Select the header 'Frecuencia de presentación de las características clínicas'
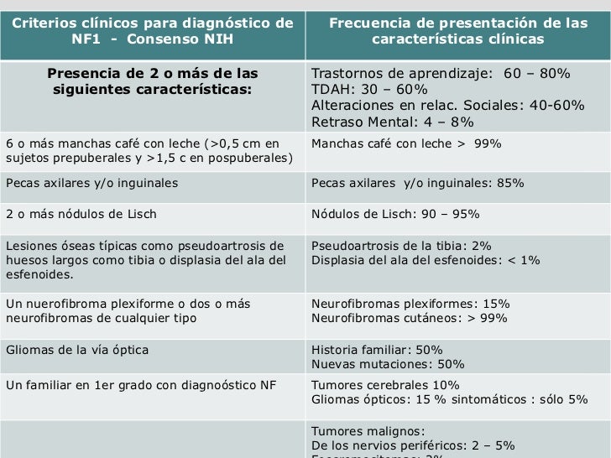coord(457,31)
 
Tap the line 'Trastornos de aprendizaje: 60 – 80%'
coord(441,74)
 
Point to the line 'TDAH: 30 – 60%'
coord(369,90)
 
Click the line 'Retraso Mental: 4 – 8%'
coord(392,122)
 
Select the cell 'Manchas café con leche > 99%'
coord(406,143)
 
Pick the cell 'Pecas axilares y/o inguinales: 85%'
coord(417,183)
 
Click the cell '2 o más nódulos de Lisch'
coord(81,214)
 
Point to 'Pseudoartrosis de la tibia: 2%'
coord(401,246)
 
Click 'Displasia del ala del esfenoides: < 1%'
coord(426,260)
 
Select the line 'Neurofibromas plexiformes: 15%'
coord(410,304)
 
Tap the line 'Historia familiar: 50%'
coord(377,350)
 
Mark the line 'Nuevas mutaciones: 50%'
coord(388,365)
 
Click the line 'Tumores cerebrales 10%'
coord(385,385)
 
